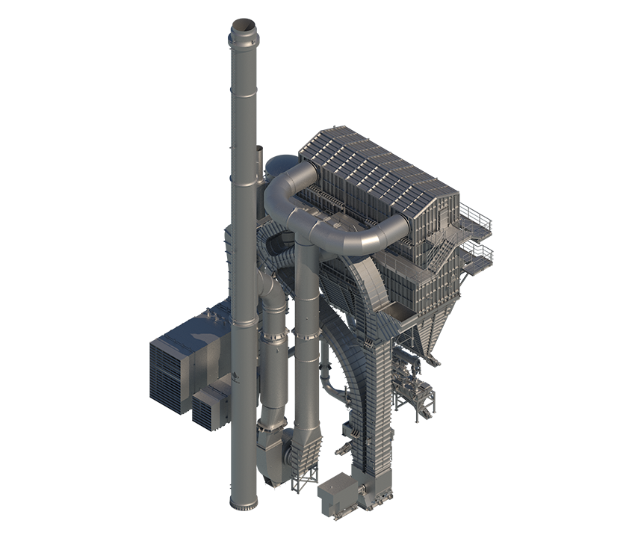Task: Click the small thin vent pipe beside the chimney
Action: [260, 161]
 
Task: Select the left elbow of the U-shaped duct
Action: [280, 183]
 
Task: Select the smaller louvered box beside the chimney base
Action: [211, 407]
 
